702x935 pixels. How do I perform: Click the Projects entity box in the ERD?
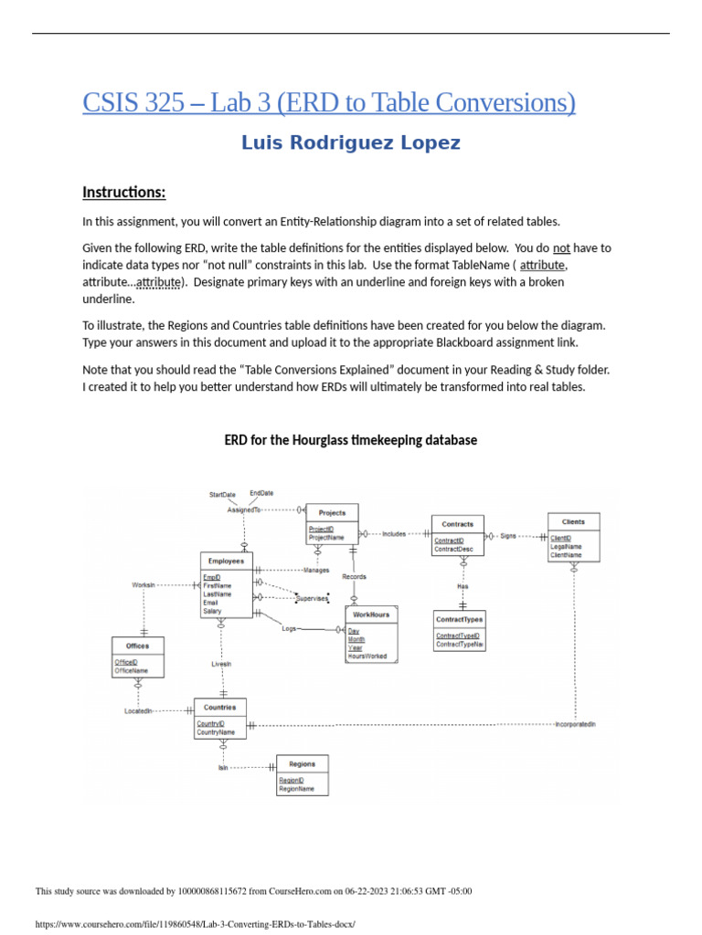[x=331, y=523]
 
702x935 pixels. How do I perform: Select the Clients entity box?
[x=574, y=537]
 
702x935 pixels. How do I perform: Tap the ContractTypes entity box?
[x=459, y=630]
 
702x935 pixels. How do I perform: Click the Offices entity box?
[x=138, y=657]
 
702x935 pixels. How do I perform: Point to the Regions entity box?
[x=302, y=775]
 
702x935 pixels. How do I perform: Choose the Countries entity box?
[x=219, y=719]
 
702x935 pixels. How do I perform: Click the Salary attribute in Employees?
[x=212, y=611]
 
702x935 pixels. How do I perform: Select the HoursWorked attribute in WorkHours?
[x=367, y=656]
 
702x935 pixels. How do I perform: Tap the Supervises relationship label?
[x=311, y=598]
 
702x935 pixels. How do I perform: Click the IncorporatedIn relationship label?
[x=575, y=725]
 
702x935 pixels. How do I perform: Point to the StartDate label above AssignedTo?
[x=222, y=495]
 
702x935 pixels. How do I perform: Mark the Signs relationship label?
[x=508, y=536]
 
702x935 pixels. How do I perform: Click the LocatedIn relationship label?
[x=139, y=710]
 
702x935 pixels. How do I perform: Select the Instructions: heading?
[x=124, y=192]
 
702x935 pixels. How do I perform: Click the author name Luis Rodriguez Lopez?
[x=351, y=143]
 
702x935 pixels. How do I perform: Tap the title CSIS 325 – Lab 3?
[x=329, y=102]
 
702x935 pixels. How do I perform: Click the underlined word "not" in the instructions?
[x=562, y=248]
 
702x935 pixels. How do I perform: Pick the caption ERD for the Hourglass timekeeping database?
[x=351, y=440]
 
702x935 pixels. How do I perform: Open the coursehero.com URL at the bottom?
[x=195, y=924]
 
